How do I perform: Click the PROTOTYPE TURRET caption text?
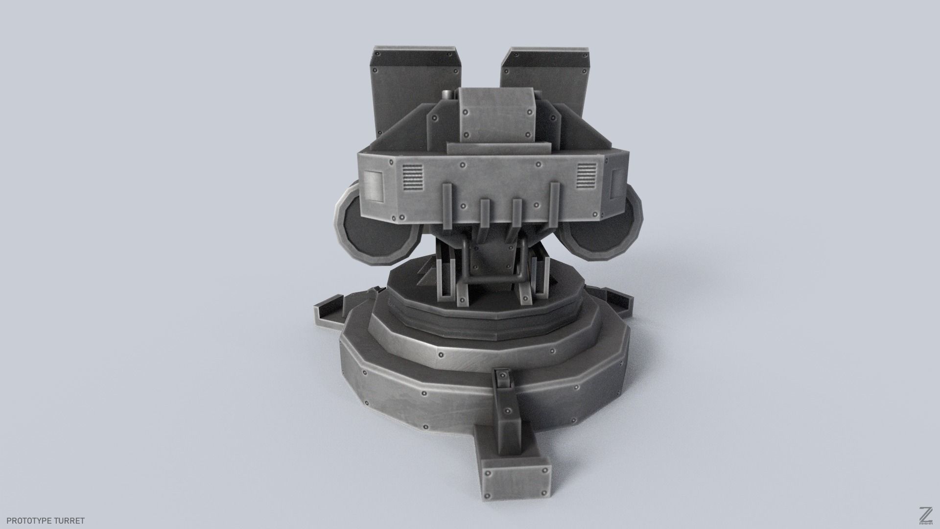(43, 521)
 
